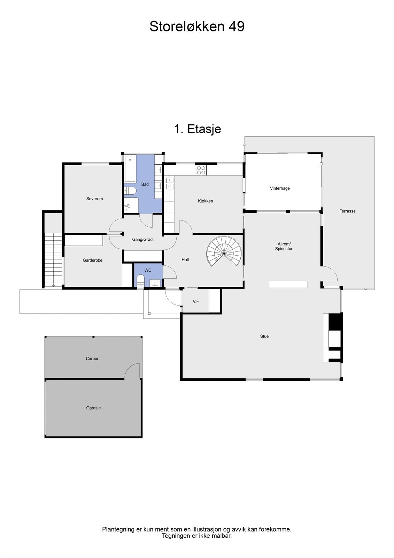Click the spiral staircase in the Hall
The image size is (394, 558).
[x=224, y=251]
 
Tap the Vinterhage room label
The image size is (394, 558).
[x=280, y=188]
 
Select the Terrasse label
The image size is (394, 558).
[x=347, y=211]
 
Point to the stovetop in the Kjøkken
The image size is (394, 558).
[x=201, y=170]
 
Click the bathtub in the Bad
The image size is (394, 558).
[x=130, y=169]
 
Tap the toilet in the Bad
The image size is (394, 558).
[x=130, y=191]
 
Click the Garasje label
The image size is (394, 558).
[x=93, y=408]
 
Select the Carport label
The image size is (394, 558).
[x=93, y=359]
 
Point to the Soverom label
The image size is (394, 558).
[x=94, y=199]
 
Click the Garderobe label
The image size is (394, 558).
[x=92, y=260]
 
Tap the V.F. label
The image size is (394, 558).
[x=196, y=301]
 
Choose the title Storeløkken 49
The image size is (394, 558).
[x=197, y=27]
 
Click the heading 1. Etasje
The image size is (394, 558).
[x=197, y=129]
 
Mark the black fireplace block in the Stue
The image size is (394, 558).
[x=336, y=322]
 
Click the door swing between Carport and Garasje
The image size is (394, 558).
[x=132, y=370]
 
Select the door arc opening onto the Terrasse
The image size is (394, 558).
[x=330, y=273]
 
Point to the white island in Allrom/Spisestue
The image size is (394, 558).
[x=288, y=284]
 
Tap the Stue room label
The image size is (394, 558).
[x=264, y=337]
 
